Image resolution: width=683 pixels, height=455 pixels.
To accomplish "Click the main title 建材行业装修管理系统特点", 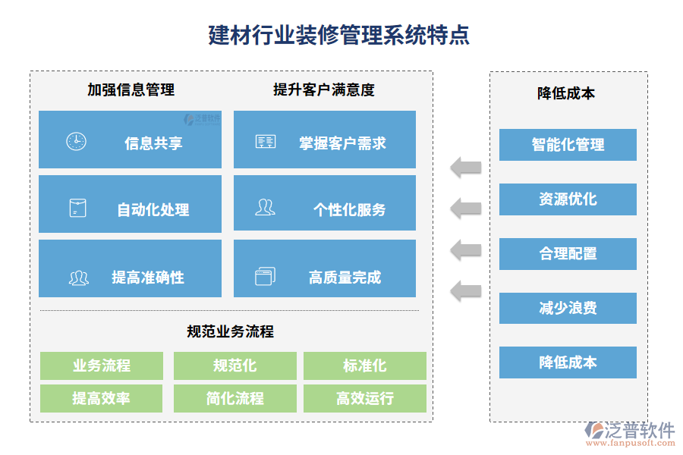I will (339, 35).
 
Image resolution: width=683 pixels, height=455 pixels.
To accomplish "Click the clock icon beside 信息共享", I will (76, 141).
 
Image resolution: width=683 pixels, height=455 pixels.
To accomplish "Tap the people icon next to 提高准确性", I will (78, 278).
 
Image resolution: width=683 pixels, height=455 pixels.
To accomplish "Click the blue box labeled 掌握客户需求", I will (325, 140).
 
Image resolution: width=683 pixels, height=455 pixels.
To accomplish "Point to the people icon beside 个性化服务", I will (265, 207).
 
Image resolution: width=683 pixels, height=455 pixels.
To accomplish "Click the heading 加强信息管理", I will (131, 89).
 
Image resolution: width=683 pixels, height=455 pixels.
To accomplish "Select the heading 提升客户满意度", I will (324, 89).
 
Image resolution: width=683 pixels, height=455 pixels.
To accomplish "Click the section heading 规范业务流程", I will (230, 331).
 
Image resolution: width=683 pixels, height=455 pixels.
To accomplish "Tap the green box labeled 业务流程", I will (101, 366).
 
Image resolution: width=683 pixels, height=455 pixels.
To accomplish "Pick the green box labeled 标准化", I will (364, 366).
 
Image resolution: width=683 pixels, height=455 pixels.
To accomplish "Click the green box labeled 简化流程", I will (234, 398).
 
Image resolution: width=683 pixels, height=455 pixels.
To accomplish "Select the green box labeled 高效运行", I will (364, 398).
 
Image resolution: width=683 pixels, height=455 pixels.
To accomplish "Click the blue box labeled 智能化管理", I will (568, 145).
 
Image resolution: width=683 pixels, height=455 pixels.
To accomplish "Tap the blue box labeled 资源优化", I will (568, 199).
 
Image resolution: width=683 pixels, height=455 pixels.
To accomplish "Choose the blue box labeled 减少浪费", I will (568, 308).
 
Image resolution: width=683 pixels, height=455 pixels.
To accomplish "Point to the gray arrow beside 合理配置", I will (466, 249).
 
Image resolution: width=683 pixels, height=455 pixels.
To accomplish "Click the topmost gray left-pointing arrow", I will (466, 167).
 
